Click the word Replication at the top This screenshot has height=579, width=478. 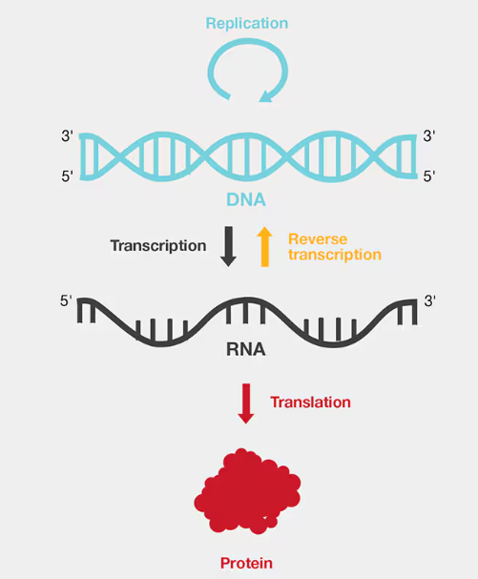(x=247, y=24)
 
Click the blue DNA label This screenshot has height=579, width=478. (x=246, y=199)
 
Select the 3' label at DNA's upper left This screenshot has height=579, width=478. (x=67, y=136)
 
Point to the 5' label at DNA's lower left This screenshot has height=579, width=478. (x=67, y=176)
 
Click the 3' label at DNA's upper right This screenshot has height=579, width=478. (x=429, y=136)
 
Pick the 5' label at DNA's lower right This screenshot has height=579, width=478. (x=429, y=176)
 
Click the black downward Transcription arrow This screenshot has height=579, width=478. (x=229, y=246)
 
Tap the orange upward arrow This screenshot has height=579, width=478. (x=265, y=246)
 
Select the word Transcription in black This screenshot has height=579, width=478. (x=158, y=246)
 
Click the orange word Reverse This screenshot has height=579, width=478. (x=318, y=239)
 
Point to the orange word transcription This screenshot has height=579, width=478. (x=335, y=255)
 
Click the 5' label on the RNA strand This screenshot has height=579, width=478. (x=66, y=301)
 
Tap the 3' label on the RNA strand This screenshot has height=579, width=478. (x=430, y=301)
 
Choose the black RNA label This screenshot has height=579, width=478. (x=246, y=349)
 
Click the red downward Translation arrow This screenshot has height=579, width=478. (x=245, y=403)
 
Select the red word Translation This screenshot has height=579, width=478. (x=310, y=403)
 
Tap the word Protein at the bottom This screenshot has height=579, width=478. (x=246, y=563)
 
